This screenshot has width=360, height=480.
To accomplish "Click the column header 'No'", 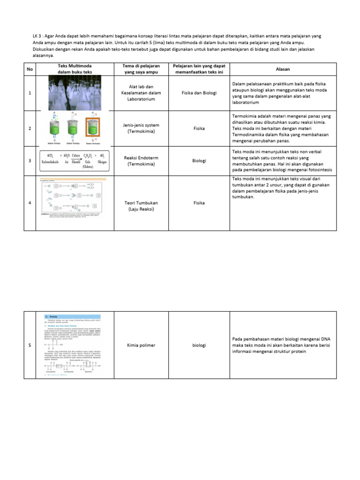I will pyautogui.click(x=30, y=69).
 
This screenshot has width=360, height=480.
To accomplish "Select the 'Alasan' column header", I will pyautogui.click(x=283, y=69).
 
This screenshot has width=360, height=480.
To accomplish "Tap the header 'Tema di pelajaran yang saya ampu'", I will pyautogui.click(x=141, y=69).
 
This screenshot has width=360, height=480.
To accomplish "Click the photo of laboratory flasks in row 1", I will pyautogui.click(x=75, y=93).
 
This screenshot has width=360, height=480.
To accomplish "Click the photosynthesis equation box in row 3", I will pyautogui.click(x=75, y=160).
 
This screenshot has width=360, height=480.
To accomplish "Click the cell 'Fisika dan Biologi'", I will pyautogui.click(x=199, y=93).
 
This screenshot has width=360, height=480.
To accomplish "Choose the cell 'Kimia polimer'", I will pyautogui.click(x=141, y=345).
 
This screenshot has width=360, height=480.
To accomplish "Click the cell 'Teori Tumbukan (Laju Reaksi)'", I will pyautogui.click(x=141, y=206).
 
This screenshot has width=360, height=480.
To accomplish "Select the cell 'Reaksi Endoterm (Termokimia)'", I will pyautogui.click(x=141, y=160).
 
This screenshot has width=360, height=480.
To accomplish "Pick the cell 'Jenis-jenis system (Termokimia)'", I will pyautogui.click(x=141, y=128).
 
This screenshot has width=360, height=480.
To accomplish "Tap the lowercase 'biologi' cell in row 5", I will pyautogui.click(x=199, y=345).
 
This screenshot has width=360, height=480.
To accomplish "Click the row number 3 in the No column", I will pyautogui.click(x=30, y=161).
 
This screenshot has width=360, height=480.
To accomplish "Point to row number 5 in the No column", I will pyautogui.click(x=30, y=345).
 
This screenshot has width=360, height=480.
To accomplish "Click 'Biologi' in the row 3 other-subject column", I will pyautogui.click(x=199, y=160).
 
